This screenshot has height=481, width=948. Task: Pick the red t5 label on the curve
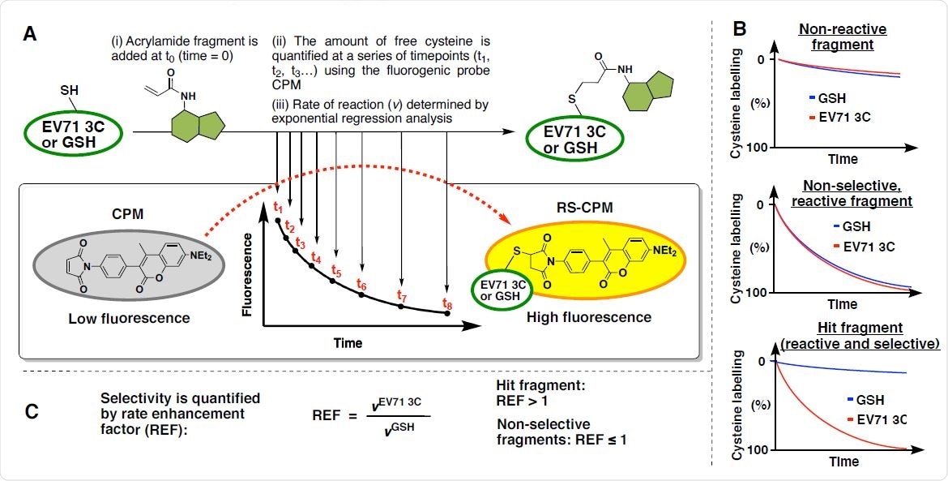[x=337, y=271]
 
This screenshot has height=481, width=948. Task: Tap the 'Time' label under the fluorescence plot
[x=348, y=343]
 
